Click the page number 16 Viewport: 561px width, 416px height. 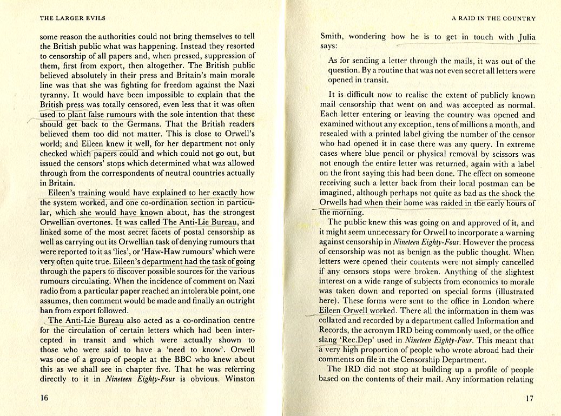pos(45,398)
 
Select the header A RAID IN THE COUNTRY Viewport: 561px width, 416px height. pos(493,18)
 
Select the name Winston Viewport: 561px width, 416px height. pos(236,379)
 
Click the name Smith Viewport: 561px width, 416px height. pos(332,37)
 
